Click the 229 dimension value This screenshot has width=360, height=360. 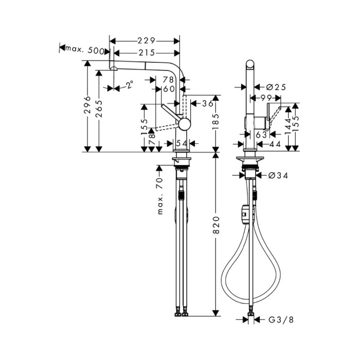[x=146, y=41]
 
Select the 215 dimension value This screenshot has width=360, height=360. [x=147, y=53]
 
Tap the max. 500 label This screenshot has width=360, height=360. [x=85, y=49]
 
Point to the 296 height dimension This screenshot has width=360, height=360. [x=87, y=105]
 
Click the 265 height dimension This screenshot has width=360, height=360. [x=99, y=109]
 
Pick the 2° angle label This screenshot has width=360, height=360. [x=130, y=84]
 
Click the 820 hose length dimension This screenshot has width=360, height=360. [x=216, y=225]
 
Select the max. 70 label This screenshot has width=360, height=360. [x=160, y=196]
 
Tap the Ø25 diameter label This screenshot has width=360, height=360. [x=276, y=87]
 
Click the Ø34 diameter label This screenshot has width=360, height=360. [x=278, y=176]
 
